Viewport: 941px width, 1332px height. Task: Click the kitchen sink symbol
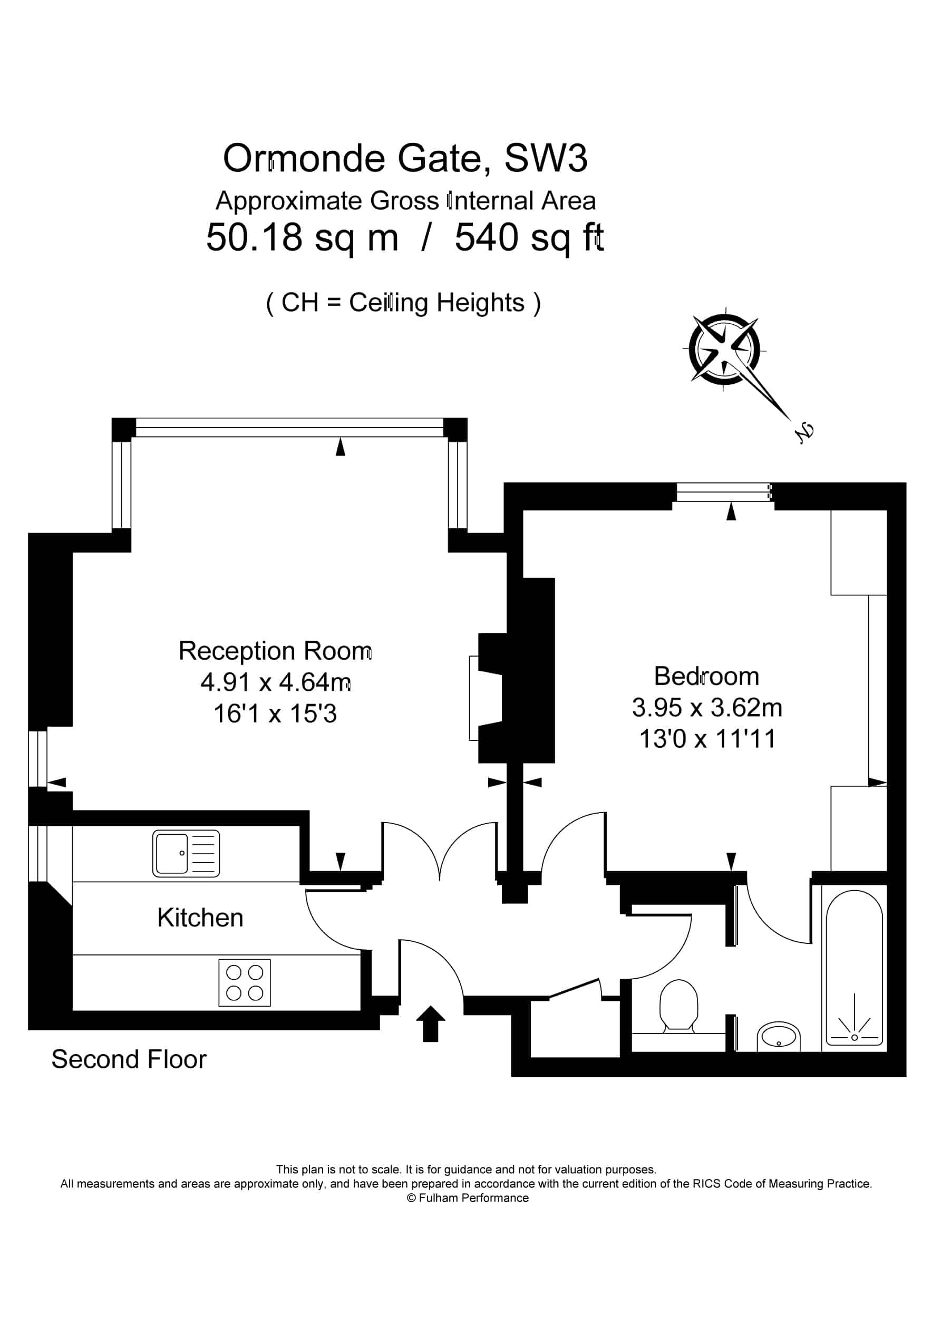pyautogui.click(x=186, y=853)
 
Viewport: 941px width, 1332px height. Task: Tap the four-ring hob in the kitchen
pyautogui.click(x=244, y=982)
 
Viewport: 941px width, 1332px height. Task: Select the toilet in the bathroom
pyautogui.click(x=679, y=1006)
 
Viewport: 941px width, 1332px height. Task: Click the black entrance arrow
pyautogui.click(x=431, y=1024)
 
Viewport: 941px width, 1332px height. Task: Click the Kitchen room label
pyautogui.click(x=200, y=918)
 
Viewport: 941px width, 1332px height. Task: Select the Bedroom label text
pyautogui.click(x=706, y=676)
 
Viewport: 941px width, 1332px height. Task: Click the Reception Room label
pyautogui.click(x=275, y=651)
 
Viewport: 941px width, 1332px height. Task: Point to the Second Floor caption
pyautogui.click(x=129, y=1059)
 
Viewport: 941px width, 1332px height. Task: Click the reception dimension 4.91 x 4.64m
pyautogui.click(x=276, y=682)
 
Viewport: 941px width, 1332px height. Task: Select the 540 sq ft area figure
pyautogui.click(x=529, y=238)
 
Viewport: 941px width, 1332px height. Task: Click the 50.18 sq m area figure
pyautogui.click(x=302, y=238)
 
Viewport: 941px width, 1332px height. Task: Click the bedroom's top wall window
pyautogui.click(x=723, y=493)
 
